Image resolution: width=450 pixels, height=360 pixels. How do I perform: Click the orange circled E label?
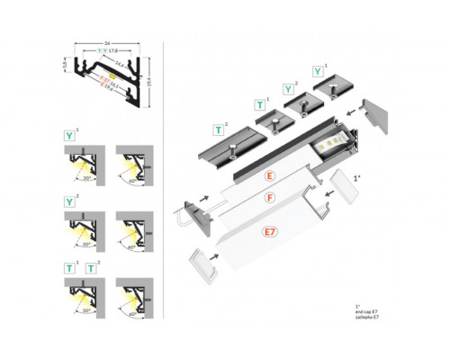(x=269, y=174)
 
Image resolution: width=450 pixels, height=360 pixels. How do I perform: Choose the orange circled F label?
(x=269, y=197)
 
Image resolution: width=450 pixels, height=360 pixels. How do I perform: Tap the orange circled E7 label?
(x=270, y=233)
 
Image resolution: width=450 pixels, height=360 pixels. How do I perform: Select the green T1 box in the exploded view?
(x=261, y=105)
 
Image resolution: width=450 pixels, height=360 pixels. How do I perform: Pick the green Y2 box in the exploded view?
(x=289, y=89)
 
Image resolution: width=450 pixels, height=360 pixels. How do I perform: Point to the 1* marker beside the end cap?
(x=358, y=179)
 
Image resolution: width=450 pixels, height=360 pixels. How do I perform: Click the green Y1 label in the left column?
(x=70, y=138)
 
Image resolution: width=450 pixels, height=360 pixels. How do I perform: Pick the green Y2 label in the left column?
(x=70, y=202)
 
